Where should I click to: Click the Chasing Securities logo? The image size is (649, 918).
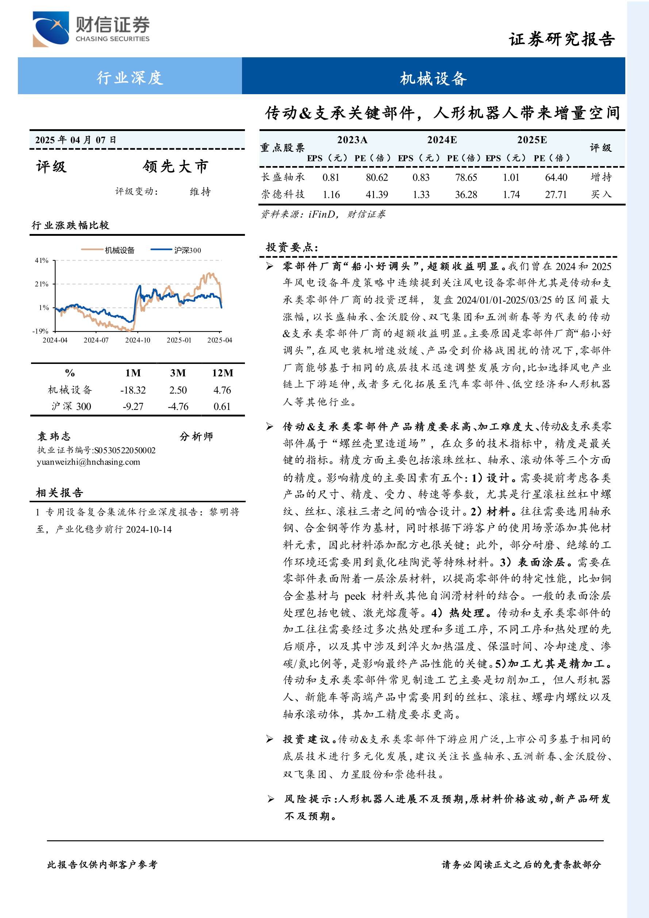[x=91, y=29]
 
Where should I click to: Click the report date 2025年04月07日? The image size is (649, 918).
[x=76, y=140]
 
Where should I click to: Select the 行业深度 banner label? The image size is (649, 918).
[x=130, y=77]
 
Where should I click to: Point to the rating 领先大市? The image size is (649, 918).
[x=176, y=166]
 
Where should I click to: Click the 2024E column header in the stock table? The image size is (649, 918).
[x=442, y=140]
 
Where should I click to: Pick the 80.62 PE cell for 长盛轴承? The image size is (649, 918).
[x=377, y=177]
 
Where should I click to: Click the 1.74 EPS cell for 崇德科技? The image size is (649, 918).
[x=511, y=195]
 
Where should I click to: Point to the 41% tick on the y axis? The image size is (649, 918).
[x=42, y=261]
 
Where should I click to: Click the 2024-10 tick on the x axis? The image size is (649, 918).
[x=138, y=340]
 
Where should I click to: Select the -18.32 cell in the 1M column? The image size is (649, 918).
[x=133, y=390]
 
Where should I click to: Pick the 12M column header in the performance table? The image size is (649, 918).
[x=222, y=373]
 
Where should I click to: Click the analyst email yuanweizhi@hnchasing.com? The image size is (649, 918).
[x=88, y=462]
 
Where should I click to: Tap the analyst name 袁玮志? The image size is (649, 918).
[x=54, y=436]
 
